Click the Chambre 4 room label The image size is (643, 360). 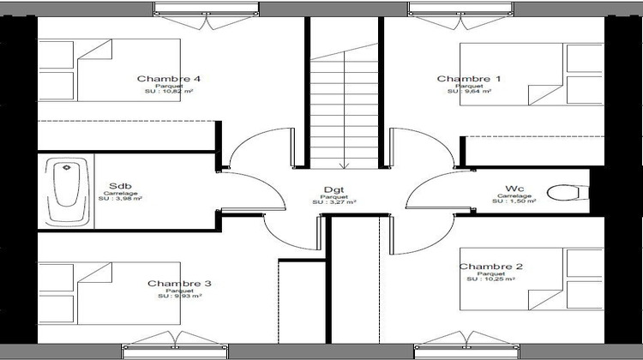(x=168, y=79)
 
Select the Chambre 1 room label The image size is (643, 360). (x=469, y=79)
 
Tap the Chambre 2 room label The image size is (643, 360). (x=491, y=267)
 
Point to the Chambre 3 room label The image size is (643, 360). (x=180, y=284)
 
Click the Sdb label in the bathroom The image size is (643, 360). (x=120, y=186)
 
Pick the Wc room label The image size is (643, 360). (x=515, y=188)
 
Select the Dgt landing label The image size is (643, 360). (x=333, y=190)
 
